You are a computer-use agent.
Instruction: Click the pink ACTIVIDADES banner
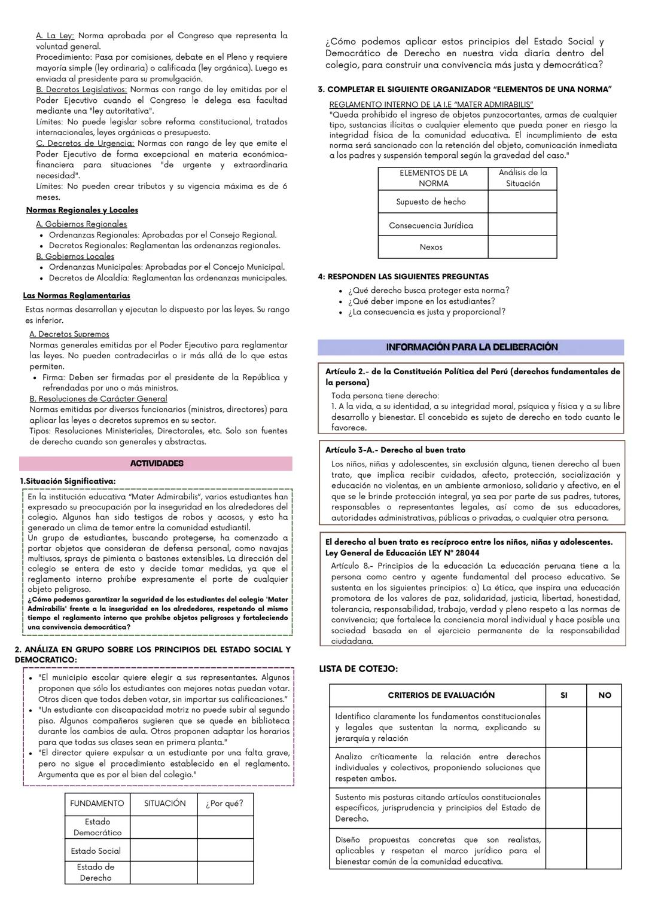pyautogui.click(x=156, y=463)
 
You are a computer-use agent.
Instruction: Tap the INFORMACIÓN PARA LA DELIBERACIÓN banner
pyautogui.click(x=471, y=347)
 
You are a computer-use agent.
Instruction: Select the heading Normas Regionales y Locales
pyautogui.click(x=82, y=210)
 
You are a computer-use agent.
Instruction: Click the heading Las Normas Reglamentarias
pyautogui.click(x=77, y=295)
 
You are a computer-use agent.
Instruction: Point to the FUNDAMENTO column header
pyautogui.click(x=97, y=804)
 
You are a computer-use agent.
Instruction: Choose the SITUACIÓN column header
pyautogui.click(x=164, y=804)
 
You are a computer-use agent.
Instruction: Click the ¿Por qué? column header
pyautogui.click(x=224, y=804)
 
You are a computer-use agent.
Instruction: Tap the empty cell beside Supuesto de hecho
pyautogui.click(x=522, y=202)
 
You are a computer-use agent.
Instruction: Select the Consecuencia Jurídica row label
pyautogui.click(x=431, y=225)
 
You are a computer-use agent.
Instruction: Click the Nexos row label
pyautogui.click(x=431, y=247)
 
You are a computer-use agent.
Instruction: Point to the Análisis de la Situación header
pyautogui.click(x=523, y=178)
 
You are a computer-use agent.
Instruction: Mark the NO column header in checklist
pyautogui.click(x=604, y=695)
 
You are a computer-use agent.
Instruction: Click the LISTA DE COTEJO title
pyautogui.click(x=358, y=669)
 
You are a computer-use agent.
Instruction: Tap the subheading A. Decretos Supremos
pyautogui.click(x=69, y=334)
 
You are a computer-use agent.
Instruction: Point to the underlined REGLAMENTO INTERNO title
pyautogui.click(x=431, y=105)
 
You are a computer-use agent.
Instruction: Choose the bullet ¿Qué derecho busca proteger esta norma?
pyautogui.click(x=428, y=291)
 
